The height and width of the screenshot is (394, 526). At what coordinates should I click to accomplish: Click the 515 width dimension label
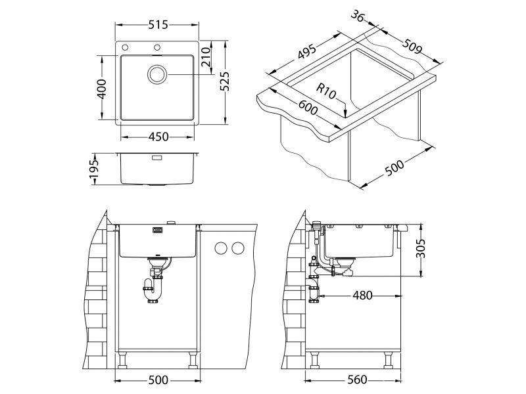coord(158,25)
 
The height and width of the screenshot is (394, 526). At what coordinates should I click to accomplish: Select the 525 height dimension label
coord(224,81)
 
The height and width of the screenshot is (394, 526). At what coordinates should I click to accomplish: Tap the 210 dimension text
coord(205,56)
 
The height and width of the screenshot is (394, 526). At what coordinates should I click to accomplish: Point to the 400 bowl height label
coord(102,89)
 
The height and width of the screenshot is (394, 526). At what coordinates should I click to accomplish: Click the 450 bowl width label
coord(158,137)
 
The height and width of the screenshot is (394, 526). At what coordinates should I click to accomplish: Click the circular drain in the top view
coord(156,74)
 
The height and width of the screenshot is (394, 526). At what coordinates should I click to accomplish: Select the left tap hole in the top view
coord(125,47)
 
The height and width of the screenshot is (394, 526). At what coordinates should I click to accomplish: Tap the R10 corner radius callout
coord(326,91)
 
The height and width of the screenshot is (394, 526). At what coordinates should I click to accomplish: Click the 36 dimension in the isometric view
coord(358,16)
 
